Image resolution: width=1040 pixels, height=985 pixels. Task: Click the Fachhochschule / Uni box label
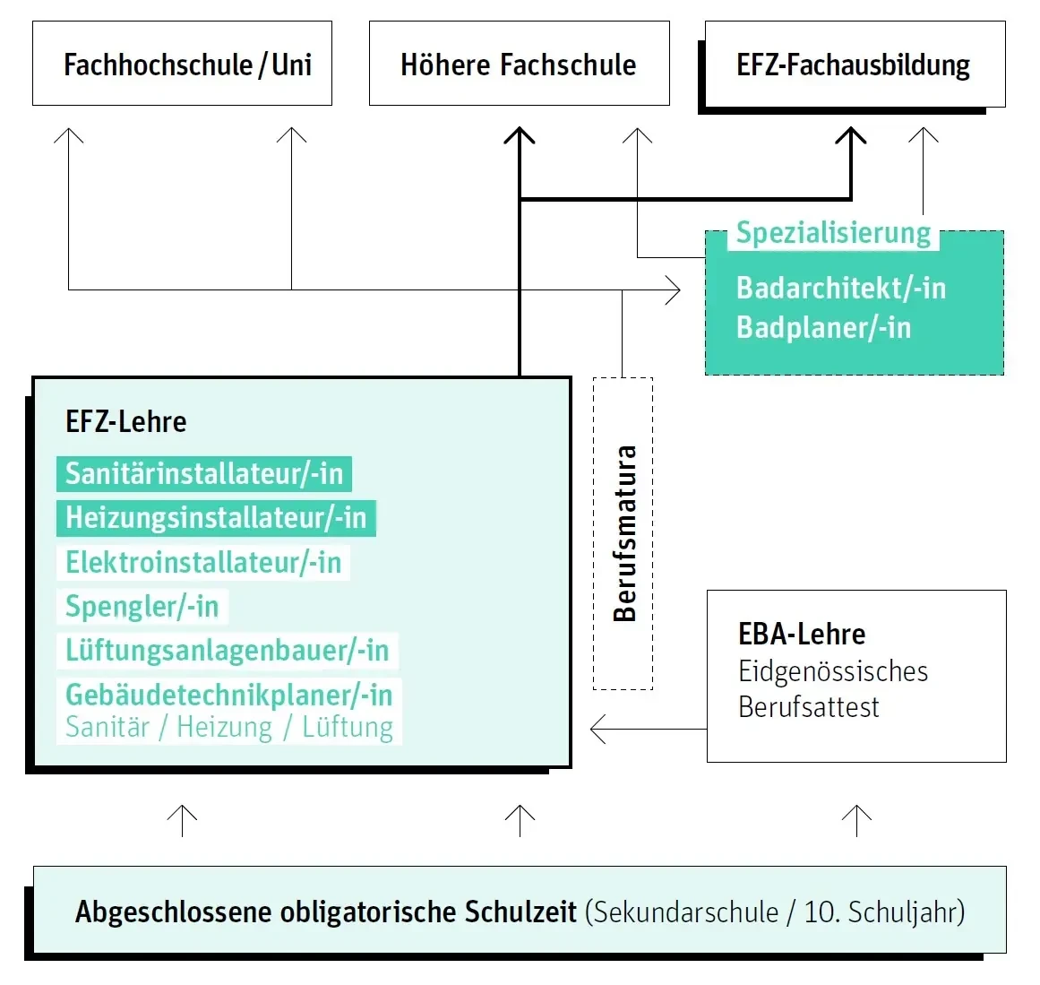click(187, 65)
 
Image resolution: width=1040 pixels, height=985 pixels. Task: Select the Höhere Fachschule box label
click(518, 65)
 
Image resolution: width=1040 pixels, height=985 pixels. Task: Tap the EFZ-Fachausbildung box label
click(853, 65)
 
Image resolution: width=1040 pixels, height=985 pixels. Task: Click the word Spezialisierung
click(833, 233)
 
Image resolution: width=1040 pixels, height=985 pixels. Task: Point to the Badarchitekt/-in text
click(840, 288)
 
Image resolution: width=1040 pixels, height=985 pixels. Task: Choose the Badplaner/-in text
click(823, 327)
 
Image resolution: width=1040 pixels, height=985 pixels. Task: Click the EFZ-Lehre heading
click(125, 421)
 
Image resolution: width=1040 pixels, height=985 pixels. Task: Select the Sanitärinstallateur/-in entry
click(204, 473)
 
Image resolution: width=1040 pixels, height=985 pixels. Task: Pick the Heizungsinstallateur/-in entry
click(216, 517)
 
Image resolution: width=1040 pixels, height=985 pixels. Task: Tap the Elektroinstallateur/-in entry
click(203, 562)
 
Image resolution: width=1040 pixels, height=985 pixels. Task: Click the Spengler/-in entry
click(142, 606)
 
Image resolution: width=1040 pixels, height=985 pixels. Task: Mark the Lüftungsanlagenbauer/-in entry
click(227, 650)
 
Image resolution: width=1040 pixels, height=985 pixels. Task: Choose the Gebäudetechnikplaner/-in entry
click(228, 695)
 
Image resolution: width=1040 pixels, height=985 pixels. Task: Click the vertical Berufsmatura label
click(624, 533)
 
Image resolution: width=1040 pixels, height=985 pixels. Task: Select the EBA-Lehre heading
click(802, 634)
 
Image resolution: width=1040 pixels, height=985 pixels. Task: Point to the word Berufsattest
click(808, 707)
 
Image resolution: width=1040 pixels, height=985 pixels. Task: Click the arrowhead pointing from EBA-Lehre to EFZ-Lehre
click(597, 729)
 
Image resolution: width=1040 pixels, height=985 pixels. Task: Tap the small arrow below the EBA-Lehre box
click(857, 818)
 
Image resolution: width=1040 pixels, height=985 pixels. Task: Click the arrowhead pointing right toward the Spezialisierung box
click(674, 289)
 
